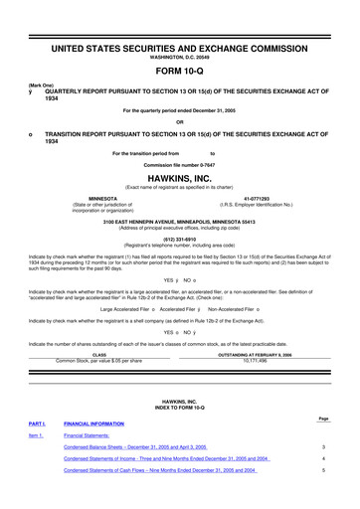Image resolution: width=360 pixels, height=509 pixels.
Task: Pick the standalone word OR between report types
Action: pos(179,122)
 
